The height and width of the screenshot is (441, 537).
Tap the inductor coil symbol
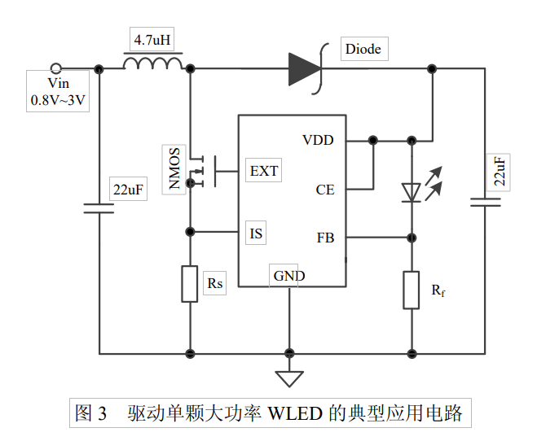coord(152,65)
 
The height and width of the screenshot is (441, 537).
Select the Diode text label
coord(363,49)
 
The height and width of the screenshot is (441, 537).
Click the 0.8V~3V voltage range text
coord(58,101)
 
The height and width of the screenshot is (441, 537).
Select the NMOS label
coord(174,169)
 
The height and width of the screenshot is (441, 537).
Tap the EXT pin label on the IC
coord(263,171)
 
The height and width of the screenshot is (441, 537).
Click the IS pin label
coord(257,234)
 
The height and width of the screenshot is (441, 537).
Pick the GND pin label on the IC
coord(289,276)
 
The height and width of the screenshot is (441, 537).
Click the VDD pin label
coord(318,140)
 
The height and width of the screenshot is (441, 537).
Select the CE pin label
coord(324,190)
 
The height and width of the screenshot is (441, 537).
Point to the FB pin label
coord(324,238)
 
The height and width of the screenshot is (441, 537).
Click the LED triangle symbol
coord(412,192)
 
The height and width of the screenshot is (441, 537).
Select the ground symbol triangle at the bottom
coord(288,378)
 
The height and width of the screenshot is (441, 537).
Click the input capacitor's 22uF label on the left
coord(129,190)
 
